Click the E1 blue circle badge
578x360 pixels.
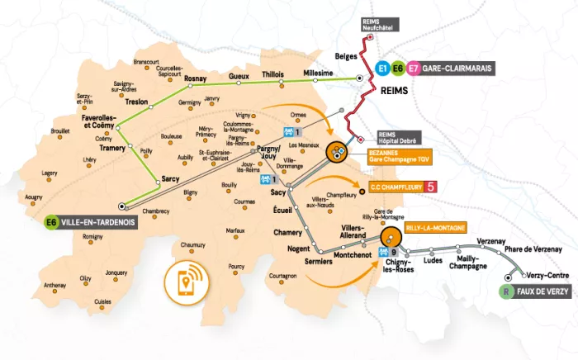point(382,69)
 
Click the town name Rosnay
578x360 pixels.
point(195,78)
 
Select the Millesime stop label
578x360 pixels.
point(319,73)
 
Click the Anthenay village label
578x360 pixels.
point(54,285)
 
